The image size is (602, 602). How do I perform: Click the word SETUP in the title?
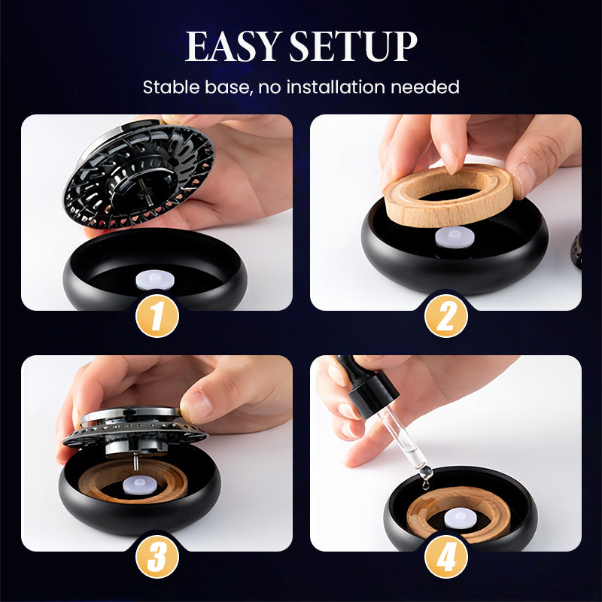[353, 46]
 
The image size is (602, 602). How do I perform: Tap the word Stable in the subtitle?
[172, 87]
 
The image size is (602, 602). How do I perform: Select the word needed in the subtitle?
[425, 87]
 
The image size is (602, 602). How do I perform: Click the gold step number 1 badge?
[157, 316]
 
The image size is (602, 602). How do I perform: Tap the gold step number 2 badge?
[445, 316]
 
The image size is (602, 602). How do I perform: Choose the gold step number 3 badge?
[157, 557]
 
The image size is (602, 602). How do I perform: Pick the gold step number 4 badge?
[445, 557]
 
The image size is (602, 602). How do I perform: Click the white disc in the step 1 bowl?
[155, 280]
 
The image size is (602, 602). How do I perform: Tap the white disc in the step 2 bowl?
[455, 237]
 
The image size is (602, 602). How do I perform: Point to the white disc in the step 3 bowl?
[139, 485]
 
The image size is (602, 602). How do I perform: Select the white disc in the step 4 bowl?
[461, 518]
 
